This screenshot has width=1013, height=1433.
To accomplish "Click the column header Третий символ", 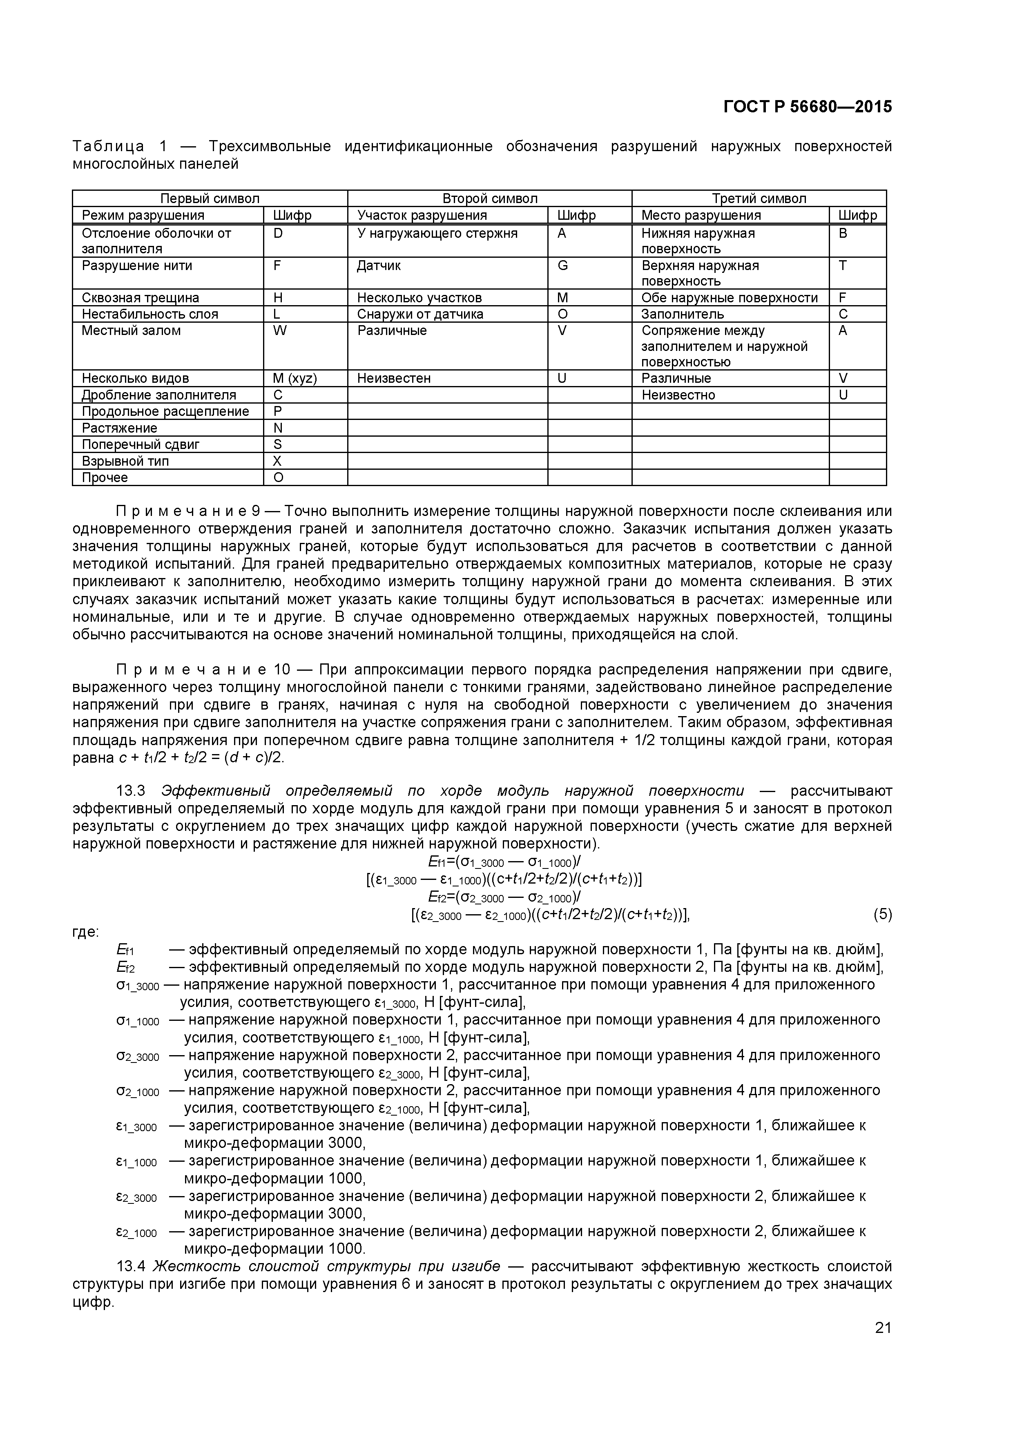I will tap(759, 199).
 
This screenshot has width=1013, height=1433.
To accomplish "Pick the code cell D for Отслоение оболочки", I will tap(279, 233).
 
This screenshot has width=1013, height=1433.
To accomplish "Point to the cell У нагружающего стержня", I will tap(437, 233).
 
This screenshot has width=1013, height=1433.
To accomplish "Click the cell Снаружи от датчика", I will tap(420, 314).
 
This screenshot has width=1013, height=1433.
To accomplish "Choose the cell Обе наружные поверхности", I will tap(729, 298).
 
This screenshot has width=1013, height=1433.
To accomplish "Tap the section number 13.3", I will tap(130, 791).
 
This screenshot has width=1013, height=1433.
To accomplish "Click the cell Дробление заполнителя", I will tap(158, 395).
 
